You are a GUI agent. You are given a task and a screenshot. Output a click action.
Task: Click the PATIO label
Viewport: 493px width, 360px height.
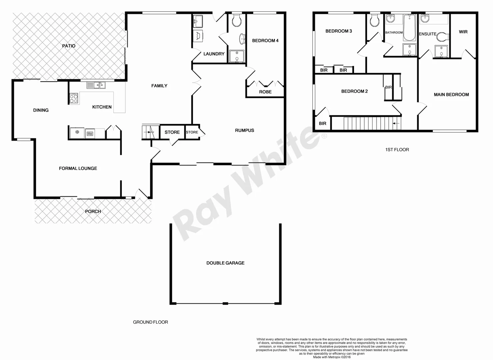(69, 46)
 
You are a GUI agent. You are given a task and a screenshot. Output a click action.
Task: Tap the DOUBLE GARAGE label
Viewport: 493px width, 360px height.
(225, 263)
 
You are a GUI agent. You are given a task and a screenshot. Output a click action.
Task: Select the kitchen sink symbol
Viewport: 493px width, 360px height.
(96, 85)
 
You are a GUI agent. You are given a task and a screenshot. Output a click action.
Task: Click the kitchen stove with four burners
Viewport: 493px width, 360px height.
(74, 98)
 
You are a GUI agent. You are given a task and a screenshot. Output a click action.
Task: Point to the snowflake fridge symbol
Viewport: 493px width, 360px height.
(77, 133)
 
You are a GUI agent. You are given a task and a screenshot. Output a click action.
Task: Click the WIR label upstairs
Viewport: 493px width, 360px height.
(463, 32)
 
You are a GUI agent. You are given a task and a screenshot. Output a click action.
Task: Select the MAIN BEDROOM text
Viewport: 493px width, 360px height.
(451, 95)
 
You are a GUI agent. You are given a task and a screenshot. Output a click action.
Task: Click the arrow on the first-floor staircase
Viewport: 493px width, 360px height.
(396, 123)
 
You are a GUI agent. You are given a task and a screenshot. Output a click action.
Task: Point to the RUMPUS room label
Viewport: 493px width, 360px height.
(244, 130)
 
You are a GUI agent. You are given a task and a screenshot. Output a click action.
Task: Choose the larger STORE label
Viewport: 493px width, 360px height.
(172, 132)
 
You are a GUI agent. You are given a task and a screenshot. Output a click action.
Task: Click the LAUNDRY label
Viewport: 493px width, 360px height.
(214, 54)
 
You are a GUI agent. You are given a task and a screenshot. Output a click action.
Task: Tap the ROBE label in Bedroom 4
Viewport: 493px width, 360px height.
(265, 92)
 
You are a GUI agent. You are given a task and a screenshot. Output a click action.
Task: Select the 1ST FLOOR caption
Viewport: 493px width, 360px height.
(397, 150)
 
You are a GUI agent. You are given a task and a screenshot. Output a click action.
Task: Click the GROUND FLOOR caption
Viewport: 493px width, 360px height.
(150, 322)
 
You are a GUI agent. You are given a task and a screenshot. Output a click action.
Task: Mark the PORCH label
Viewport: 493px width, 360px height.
(93, 211)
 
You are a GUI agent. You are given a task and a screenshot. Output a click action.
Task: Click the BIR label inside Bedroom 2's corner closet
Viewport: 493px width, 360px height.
(322, 124)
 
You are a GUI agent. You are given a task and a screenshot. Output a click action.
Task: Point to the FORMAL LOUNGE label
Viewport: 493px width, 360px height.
(78, 169)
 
